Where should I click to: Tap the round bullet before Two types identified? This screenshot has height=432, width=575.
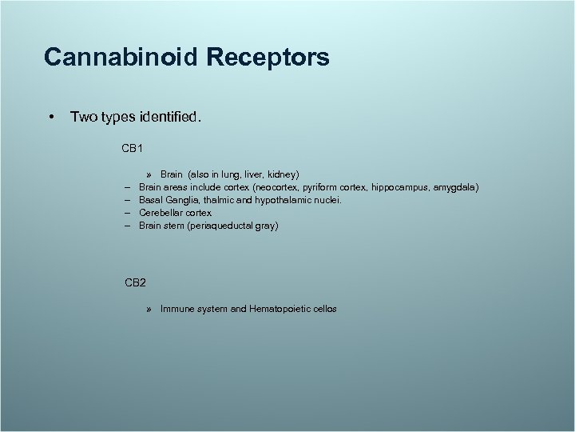(51, 118)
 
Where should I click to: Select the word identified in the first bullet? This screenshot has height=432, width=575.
(169, 118)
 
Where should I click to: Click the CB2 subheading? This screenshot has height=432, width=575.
(135, 282)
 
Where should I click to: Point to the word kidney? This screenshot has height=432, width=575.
(281, 174)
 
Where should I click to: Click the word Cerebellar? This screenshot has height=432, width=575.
(162, 213)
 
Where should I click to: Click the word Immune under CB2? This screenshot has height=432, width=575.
(176, 308)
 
